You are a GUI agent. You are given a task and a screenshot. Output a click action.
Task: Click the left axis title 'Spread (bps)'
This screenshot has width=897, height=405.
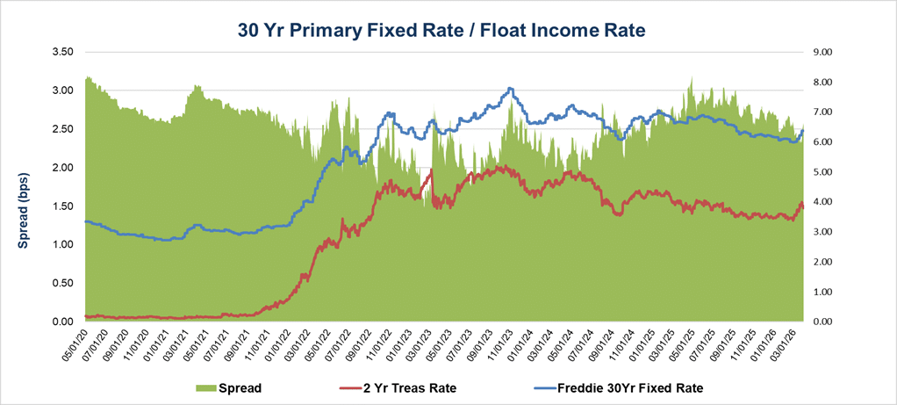[x=24, y=186]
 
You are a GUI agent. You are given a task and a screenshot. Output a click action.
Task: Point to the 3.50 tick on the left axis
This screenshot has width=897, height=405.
[x=61, y=52]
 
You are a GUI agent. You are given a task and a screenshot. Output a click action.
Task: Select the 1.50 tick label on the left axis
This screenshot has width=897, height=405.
[x=61, y=206]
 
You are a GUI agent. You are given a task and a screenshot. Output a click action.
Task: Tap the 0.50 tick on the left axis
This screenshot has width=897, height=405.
[x=61, y=283]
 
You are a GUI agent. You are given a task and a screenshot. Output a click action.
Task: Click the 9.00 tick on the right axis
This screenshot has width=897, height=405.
[x=831, y=52]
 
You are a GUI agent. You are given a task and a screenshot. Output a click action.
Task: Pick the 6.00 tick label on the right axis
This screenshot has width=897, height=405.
[x=831, y=142]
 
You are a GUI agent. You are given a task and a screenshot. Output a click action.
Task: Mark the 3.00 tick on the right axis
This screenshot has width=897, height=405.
[x=831, y=232]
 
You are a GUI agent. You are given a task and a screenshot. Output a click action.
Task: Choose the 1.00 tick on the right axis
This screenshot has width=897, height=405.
[x=831, y=292]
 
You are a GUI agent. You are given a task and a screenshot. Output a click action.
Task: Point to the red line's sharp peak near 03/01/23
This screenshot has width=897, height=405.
[x=432, y=170]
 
